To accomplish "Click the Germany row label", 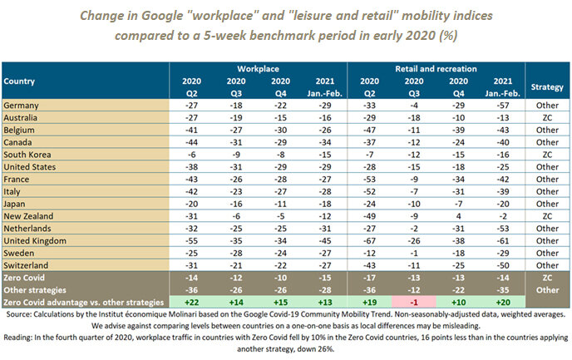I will [x=22, y=106].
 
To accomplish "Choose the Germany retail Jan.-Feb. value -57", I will [x=501, y=106].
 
